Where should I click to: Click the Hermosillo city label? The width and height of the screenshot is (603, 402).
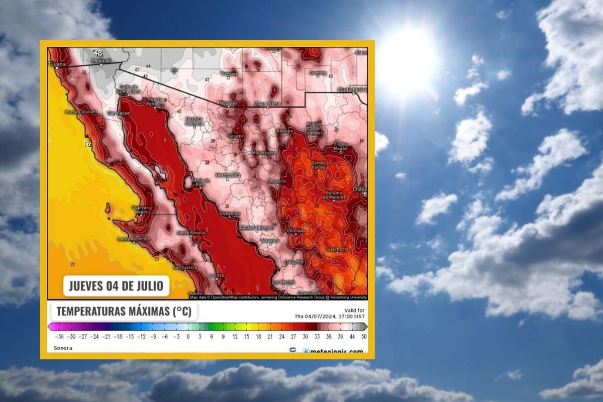(228, 175)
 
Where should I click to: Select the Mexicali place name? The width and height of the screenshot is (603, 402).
(100, 61)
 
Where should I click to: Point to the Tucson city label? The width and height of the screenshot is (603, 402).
(229, 74)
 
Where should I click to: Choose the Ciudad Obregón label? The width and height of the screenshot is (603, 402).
(257, 228)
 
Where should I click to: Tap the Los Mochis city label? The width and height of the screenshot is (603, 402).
(283, 282)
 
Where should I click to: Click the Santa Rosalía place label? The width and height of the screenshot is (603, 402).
(189, 232)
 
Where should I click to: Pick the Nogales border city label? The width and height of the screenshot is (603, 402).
(230, 104)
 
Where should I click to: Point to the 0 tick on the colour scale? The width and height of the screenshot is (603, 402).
(188, 337)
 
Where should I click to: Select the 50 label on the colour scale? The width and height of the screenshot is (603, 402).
(363, 337)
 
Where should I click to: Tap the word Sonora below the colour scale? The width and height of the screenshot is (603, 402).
(63, 348)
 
